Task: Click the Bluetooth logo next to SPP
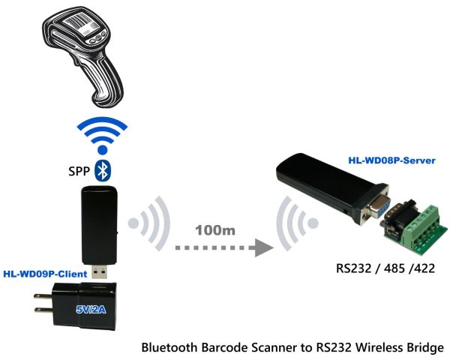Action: click(x=106, y=171)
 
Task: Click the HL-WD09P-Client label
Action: click(x=45, y=274)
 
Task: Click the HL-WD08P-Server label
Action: click(x=391, y=160)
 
